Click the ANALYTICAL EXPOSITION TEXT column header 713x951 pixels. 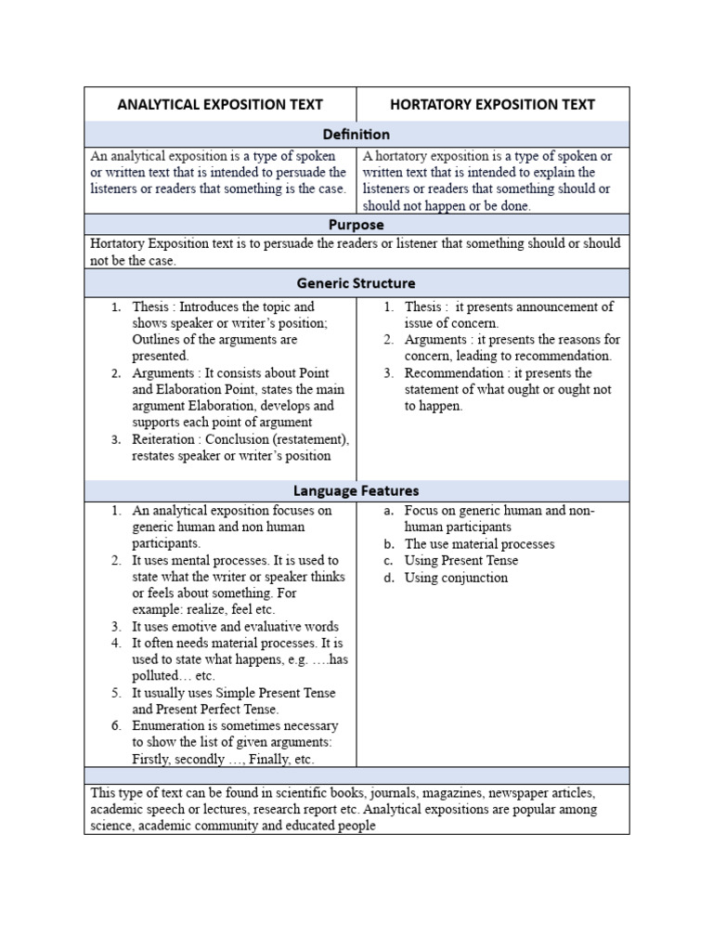pos(220,104)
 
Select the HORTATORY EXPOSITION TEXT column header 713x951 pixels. pos(492,104)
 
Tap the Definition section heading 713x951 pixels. pos(356,135)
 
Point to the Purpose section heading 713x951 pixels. pos(356,225)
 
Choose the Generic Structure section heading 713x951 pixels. pos(356,282)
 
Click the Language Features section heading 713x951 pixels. pos(356,489)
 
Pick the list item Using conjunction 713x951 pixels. pos(456,578)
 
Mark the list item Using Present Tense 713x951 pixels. pos(461,561)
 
